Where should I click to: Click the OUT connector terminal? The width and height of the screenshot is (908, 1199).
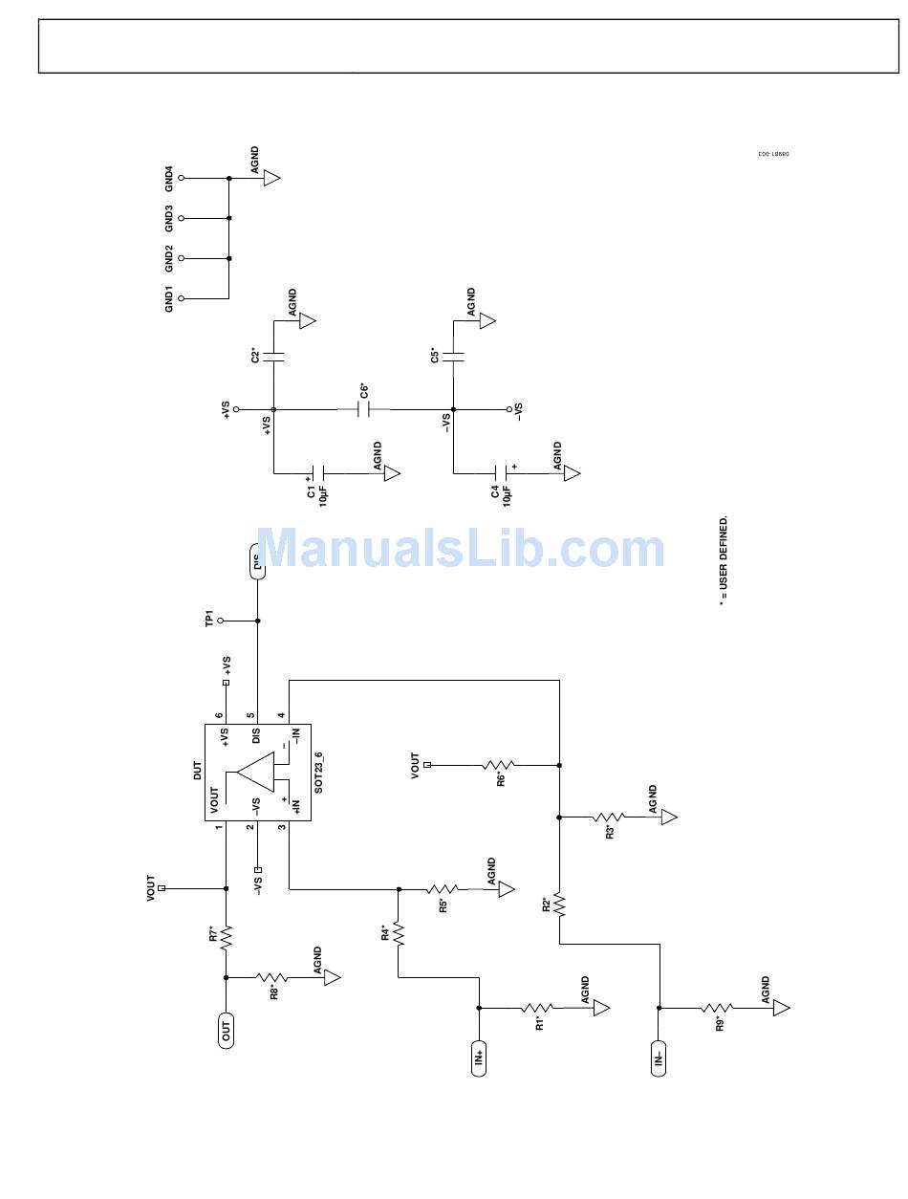(227, 1030)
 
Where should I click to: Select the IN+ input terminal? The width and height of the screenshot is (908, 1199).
(479, 1057)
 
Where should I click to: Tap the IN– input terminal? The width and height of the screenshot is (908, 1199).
(659, 1057)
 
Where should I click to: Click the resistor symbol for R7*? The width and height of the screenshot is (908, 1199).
(227, 936)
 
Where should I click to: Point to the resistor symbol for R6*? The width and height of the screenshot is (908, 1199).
(499, 765)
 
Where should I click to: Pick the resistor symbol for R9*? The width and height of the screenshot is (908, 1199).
(717, 1008)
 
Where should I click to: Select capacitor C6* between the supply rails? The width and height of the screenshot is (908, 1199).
(363, 409)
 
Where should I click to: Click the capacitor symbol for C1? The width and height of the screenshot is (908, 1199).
(320, 473)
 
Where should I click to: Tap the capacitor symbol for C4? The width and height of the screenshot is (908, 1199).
(501, 473)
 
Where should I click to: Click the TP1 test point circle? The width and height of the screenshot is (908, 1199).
(221, 621)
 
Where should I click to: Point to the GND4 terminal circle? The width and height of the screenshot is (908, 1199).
(181, 178)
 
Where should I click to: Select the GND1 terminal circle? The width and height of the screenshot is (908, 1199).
(181, 298)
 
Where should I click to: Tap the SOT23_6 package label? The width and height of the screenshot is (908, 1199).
(319, 772)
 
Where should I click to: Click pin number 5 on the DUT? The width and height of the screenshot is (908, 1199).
(251, 716)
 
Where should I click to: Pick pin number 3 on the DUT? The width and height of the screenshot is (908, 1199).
(282, 827)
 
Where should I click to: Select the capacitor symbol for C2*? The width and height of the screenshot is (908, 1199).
(273, 357)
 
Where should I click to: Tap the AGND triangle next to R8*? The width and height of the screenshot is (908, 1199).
(332, 978)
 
